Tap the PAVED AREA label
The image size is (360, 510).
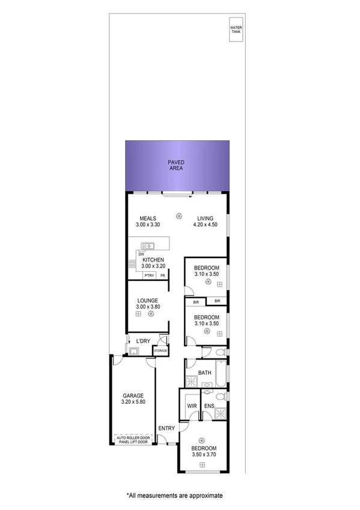point(175,166)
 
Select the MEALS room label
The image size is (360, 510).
point(148,218)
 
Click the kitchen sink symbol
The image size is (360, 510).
point(148,245)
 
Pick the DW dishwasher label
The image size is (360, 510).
point(141,254)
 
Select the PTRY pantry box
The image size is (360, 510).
point(150,275)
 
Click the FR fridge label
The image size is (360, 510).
point(162,275)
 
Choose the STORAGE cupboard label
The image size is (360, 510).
point(160,350)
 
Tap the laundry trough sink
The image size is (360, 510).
point(133,351)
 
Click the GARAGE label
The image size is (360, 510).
point(133,396)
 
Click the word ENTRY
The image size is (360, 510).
point(166,428)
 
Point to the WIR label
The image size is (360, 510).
point(192,407)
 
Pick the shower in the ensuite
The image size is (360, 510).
point(221,413)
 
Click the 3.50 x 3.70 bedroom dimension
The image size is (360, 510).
point(203,454)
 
